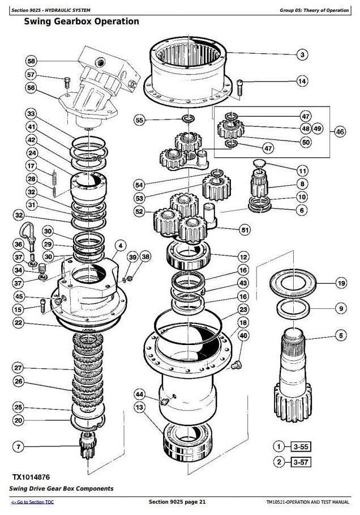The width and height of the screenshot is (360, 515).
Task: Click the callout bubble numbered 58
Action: point(31,61)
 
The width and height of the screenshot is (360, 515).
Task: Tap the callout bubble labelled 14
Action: point(302,82)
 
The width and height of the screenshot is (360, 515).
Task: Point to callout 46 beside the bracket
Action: point(340,132)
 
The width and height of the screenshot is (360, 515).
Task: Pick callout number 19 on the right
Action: point(341,283)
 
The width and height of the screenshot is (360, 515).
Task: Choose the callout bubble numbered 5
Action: point(341,336)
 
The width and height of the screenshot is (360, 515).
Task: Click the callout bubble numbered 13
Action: point(140,407)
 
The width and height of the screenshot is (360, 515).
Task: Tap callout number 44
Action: point(140,394)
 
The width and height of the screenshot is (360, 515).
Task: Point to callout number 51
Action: point(245,230)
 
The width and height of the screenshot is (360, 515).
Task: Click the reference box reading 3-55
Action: point(299,445)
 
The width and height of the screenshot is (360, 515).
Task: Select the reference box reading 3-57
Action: point(299,462)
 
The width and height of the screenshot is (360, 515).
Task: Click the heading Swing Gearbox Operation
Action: point(82,22)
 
